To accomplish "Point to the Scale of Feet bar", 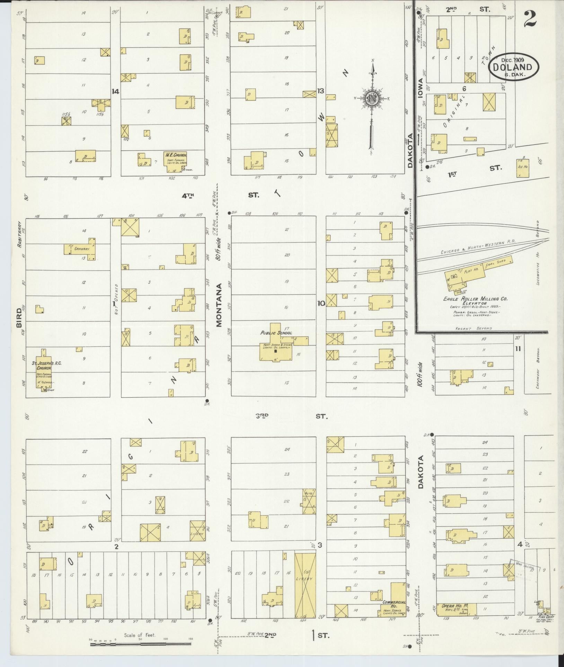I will pos(140,645).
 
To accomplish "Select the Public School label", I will pos(276,333).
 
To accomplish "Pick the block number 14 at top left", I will pos(115,92).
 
